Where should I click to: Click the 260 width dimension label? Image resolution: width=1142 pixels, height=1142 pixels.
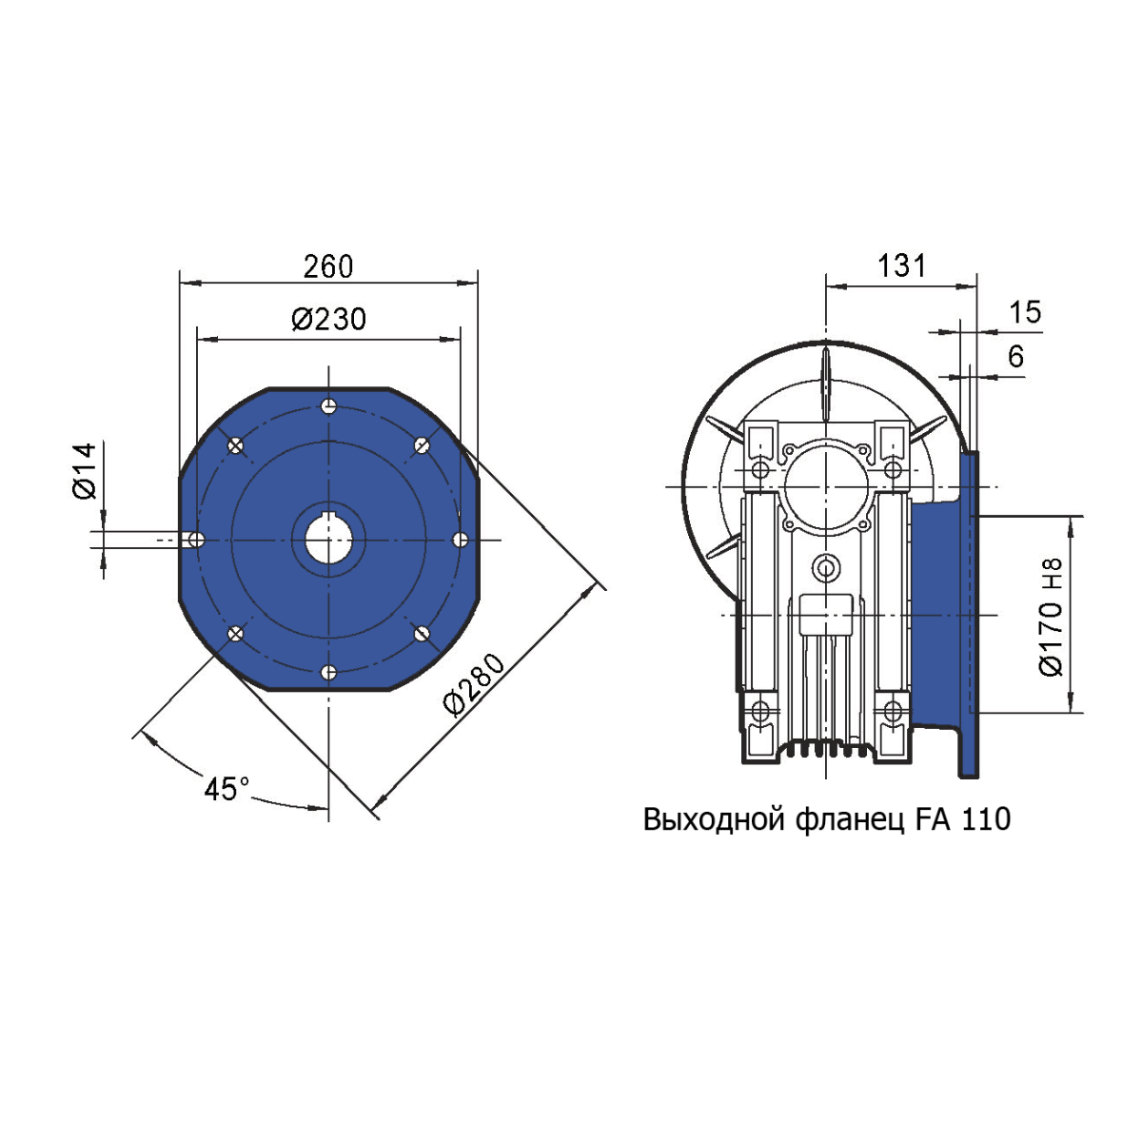(327, 266)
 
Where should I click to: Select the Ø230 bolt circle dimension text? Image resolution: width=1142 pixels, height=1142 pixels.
(329, 320)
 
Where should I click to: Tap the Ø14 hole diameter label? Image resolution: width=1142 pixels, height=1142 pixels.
(86, 471)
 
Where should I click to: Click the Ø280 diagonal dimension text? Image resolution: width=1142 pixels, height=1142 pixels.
(475, 684)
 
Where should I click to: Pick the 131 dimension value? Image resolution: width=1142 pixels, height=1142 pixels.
(901, 266)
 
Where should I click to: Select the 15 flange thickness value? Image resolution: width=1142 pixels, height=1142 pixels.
(1025, 312)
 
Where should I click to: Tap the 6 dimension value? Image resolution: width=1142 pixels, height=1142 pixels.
(1015, 356)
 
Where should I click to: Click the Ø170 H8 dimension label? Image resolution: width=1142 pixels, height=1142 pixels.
(1052, 618)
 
